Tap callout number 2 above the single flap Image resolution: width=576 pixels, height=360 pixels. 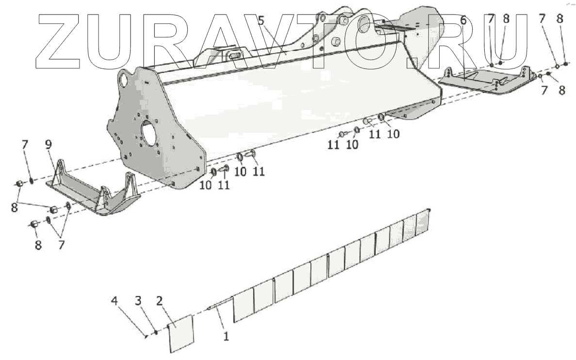coord(159,301)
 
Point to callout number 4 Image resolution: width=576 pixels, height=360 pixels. coord(115,301)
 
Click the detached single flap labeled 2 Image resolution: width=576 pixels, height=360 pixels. coord(181,333)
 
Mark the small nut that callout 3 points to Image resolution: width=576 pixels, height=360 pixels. coord(156,332)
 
